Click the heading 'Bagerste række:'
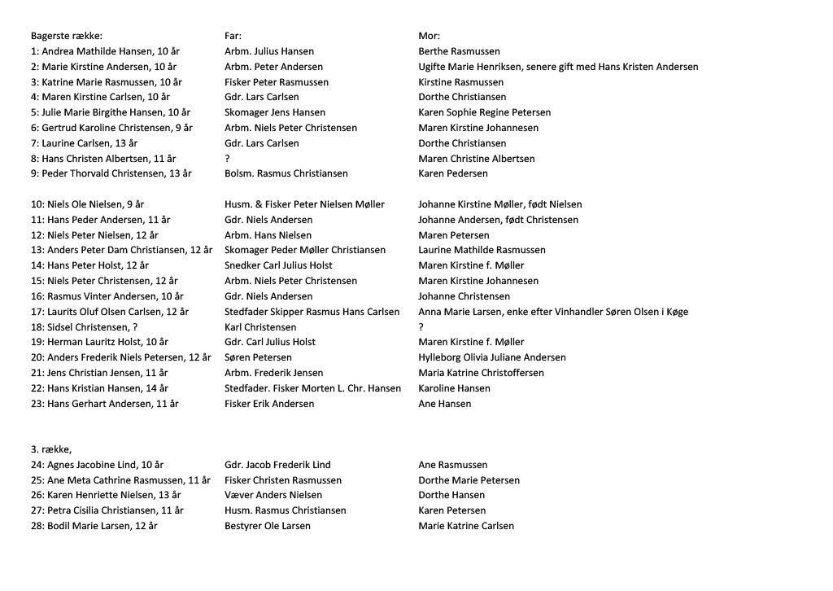pos(67,36)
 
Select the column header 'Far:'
pos(233,36)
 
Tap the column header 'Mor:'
pos(429,36)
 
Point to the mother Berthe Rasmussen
pos(459,51)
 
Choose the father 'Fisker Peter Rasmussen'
pos(277,82)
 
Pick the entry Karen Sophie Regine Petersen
pos(484,112)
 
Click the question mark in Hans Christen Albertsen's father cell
pos(227,159)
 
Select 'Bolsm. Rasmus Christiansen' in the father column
pos(286,173)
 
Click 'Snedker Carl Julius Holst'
pos(278,265)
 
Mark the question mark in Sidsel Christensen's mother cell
pos(421,327)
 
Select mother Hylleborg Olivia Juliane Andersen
pos(491,357)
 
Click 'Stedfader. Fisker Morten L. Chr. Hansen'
pos(312,388)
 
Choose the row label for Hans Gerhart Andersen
pos(104,404)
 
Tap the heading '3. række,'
pos(51,449)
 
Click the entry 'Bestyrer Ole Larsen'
pos(267,526)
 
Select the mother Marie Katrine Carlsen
pos(466,526)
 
